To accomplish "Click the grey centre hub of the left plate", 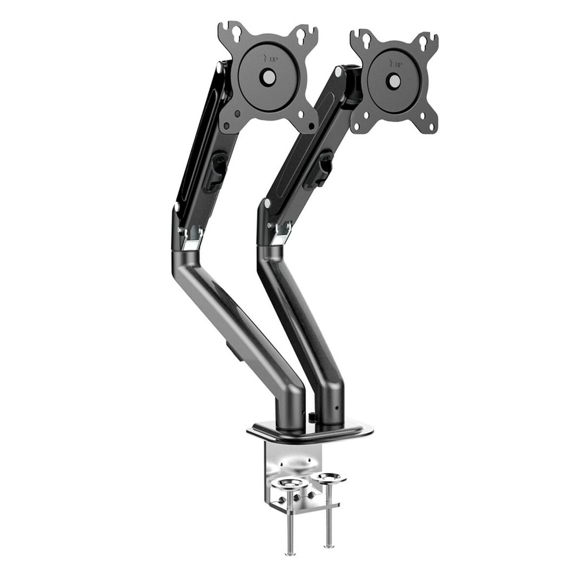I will coord(268,76).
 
